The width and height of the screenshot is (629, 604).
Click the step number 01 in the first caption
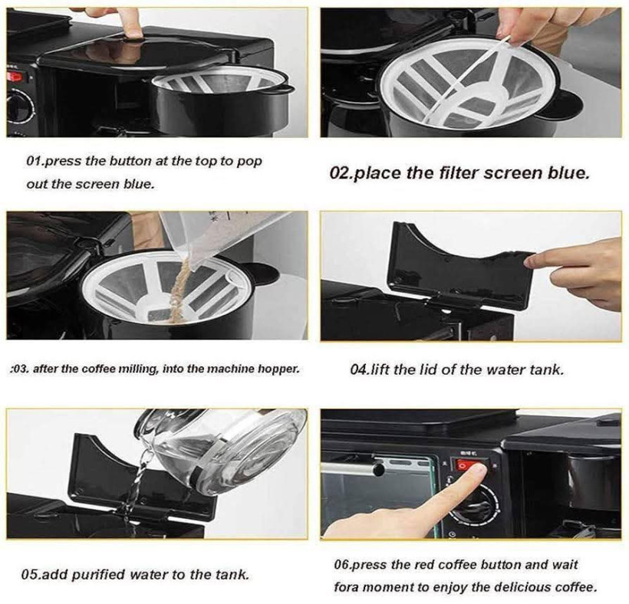pyautogui.click(x=33, y=161)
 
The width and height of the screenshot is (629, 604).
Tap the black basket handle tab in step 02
pyautogui.click(x=569, y=104)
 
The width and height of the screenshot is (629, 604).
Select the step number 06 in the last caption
pyautogui.click(x=341, y=565)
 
